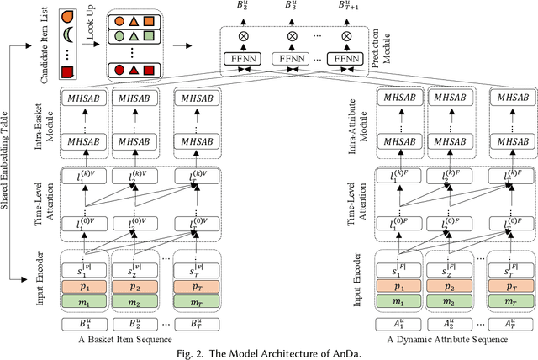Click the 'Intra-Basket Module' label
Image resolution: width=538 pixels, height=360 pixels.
pyautogui.click(x=50, y=123)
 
